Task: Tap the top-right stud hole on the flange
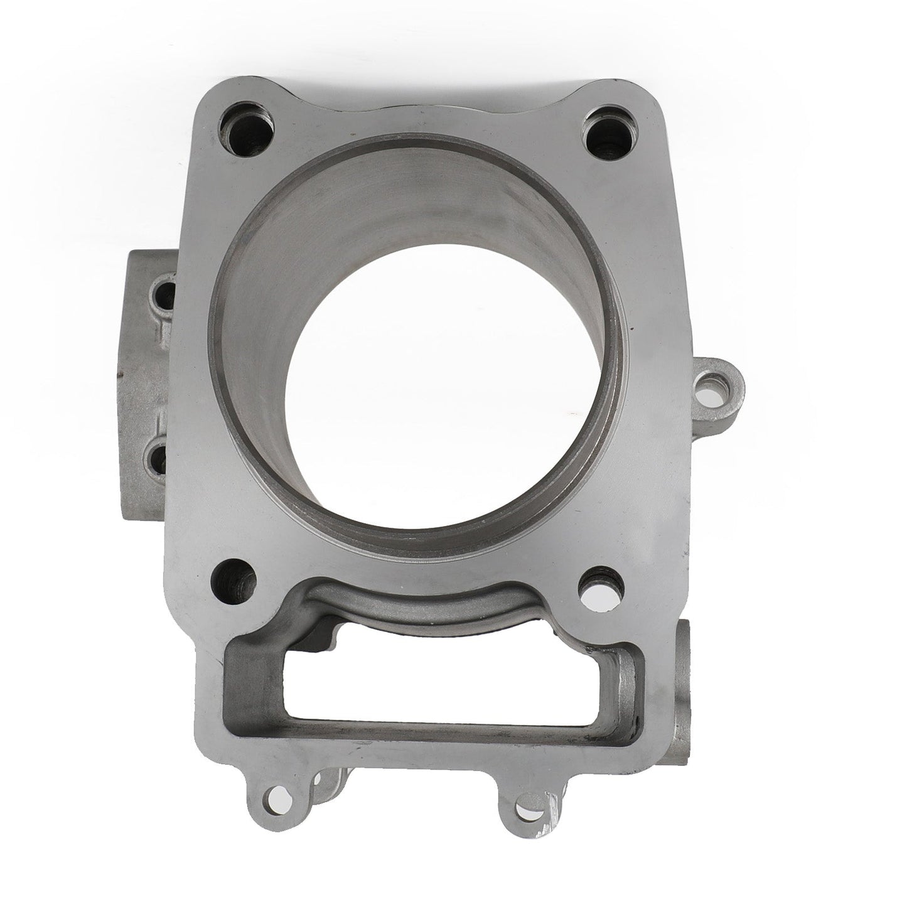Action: [x=604, y=132]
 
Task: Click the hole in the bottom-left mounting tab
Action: [x=271, y=798]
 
